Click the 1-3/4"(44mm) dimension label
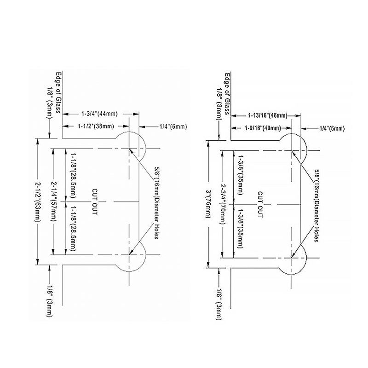[99, 114]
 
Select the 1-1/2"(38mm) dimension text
[96, 126]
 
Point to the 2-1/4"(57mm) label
[53, 201]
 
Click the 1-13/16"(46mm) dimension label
[268, 115]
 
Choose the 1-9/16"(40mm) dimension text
[263, 128]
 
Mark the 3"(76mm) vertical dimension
[208, 204]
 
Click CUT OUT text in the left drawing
[95, 201]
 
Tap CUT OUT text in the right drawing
[260, 204]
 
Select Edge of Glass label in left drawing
[58, 92]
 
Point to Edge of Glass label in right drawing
[227, 94]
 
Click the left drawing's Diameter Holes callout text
[157, 203]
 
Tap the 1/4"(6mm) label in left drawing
[173, 127]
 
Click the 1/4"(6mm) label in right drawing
[332, 128]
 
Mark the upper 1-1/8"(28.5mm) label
[73, 175]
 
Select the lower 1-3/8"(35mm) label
[241, 228]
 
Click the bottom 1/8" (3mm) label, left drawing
[50, 301]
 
